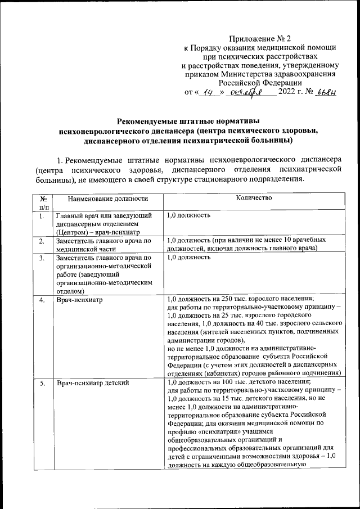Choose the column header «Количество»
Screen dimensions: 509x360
click(x=255, y=198)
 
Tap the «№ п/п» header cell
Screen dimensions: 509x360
click(x=43, y=202)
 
